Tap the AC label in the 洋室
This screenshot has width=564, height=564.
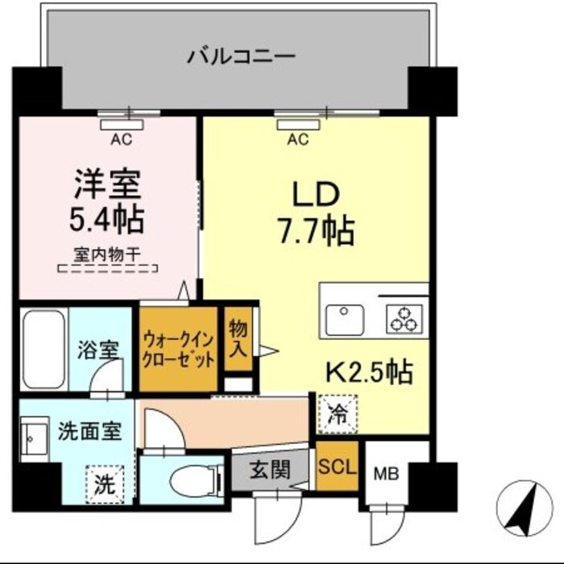click(121, 140)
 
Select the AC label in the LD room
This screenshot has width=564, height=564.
click(297, 140)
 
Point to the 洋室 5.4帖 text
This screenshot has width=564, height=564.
click(107, 202)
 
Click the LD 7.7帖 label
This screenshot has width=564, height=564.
click(316, 213)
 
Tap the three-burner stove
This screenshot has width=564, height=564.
click(402, 319)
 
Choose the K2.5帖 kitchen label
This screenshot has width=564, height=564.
click(369, 371)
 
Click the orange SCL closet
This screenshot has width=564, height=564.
click(337, 467)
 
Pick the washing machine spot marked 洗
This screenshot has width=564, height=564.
click(106, 486)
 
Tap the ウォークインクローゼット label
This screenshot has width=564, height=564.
click(178, 348)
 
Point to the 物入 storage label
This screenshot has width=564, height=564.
click(238, 338)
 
